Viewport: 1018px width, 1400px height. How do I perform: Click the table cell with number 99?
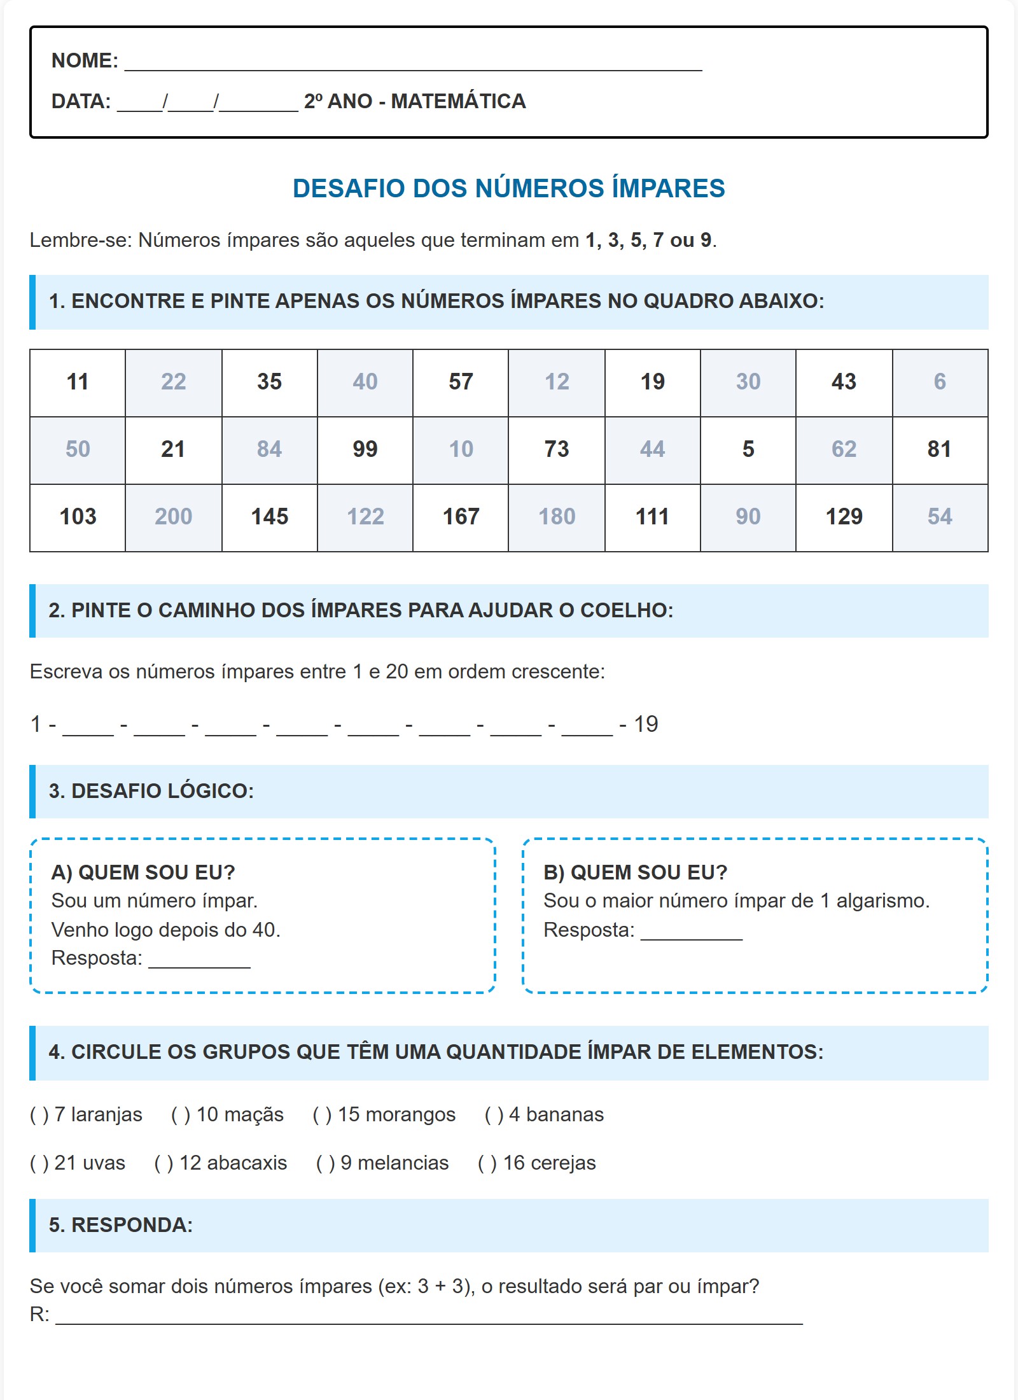point(365,449)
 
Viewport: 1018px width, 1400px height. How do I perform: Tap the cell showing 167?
point(461,517)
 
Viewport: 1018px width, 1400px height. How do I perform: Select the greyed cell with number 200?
point(173,517)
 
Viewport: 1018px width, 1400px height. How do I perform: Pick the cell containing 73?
point(557,449)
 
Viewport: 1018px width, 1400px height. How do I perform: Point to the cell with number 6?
point(940,382)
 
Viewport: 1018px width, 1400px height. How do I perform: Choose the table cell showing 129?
point(844,517)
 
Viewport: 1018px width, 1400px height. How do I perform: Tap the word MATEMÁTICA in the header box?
point(458,102)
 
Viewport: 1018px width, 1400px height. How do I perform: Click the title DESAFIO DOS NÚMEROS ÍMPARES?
point(508,188)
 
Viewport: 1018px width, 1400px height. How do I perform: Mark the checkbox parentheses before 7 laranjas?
point(39,1115)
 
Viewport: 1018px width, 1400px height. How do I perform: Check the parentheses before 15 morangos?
point(322,1115)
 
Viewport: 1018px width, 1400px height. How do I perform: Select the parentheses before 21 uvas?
point(39,1163)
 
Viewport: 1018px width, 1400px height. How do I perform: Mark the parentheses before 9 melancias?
point(325,1163)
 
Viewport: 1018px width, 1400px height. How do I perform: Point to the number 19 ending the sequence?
point(646,724)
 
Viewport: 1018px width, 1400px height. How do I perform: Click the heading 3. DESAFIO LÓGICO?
point(151,791)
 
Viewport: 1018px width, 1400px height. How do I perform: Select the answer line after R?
point(429,1316)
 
